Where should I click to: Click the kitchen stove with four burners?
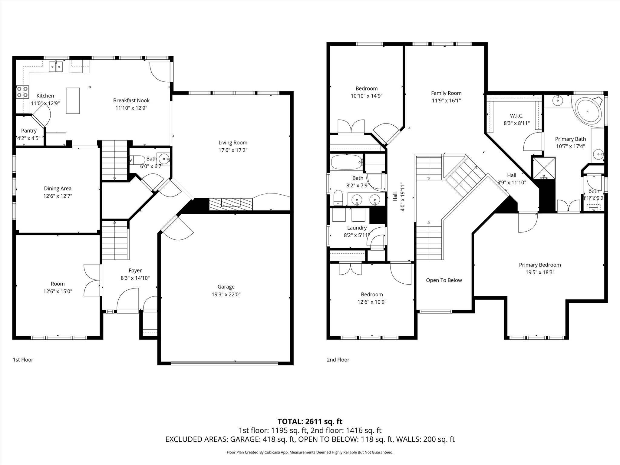click(23, 92)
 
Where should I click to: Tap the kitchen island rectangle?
click(73, 101)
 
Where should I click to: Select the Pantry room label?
click(29, 131)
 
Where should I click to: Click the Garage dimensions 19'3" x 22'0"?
click(226, 294)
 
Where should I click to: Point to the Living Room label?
click(233, 143)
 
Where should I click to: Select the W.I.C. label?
click(516, 116)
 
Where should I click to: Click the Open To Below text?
click(444, 280)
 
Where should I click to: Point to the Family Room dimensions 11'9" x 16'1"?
click(446, 101)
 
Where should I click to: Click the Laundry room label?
click(357, 228)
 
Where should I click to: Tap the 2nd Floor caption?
click(338, 360)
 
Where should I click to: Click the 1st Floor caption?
click(23, 360)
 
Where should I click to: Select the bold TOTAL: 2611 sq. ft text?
click(310, 421)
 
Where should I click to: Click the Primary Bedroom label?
click(540, 265)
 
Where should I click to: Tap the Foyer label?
click(135, 271)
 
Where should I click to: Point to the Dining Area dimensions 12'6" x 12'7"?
click(58, 196)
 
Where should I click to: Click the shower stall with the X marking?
click(544, 168)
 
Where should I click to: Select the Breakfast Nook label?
click(131, 101)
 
